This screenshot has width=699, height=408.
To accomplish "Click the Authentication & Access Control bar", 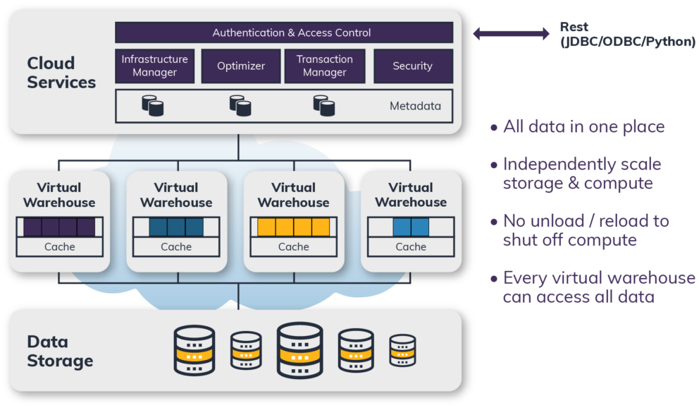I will pos(284,32).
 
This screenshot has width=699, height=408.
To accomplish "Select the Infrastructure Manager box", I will pos(154,66).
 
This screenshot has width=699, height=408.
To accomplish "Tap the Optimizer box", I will pos(241,66).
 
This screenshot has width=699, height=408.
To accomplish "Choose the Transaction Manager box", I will pos(325,66).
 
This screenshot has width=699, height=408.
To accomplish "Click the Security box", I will pos(412,66).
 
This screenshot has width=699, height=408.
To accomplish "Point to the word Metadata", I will pos(415,107).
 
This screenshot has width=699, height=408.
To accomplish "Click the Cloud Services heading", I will pos(61,73).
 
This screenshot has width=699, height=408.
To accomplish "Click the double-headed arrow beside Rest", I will pos(511,33).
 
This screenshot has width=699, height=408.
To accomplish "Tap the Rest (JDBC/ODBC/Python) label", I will pos(627,35).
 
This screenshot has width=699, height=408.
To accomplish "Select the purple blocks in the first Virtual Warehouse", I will pos(59,227).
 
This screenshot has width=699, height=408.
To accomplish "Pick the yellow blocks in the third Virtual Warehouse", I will pos(293,227).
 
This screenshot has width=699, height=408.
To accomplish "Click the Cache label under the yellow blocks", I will pos(293,247).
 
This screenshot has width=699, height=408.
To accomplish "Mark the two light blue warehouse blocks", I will pos(410,227).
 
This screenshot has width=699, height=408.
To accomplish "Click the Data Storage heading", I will pos(60,352).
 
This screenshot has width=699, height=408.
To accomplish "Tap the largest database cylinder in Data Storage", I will pos(300,350).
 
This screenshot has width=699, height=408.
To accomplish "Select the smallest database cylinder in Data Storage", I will pos(402,350).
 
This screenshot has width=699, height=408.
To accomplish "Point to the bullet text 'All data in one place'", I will pos(583,128).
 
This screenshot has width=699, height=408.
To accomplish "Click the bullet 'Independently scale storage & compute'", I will pos(582,174).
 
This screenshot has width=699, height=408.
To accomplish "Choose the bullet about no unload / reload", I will pos(585,230).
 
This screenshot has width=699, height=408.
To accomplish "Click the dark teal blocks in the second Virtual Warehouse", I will pos(176,227).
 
